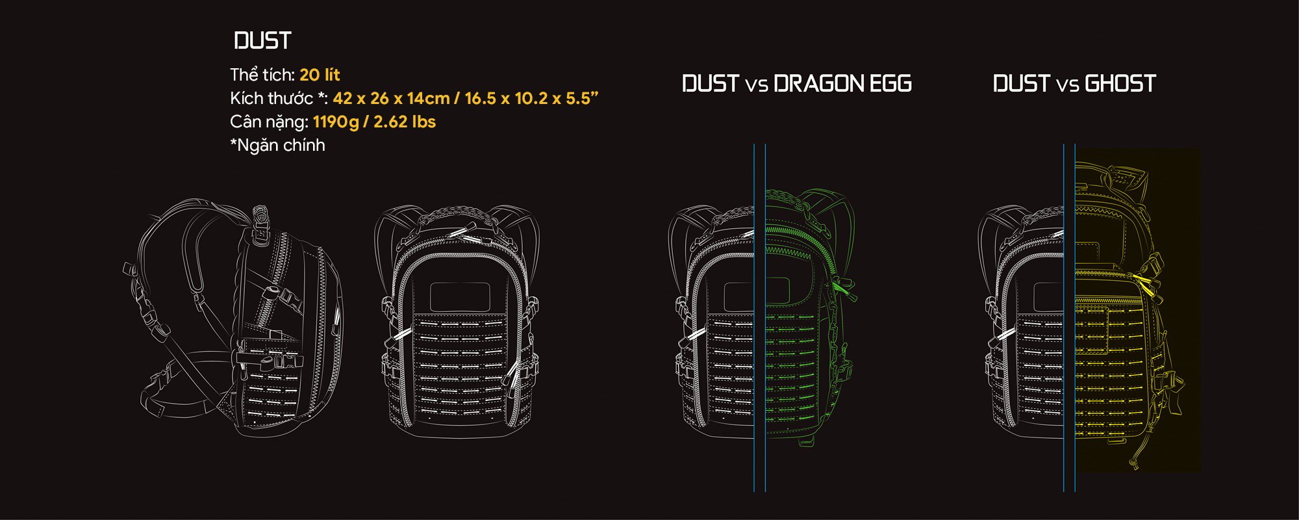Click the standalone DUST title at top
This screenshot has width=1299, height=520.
[x=262, y=41]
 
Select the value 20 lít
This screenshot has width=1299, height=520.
[x=320, y=75]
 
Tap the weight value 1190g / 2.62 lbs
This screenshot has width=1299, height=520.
[x=374, y=122]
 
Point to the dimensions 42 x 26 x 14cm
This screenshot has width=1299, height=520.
[x=391, y=98]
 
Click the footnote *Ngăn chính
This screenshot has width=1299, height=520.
[x=277, y=145]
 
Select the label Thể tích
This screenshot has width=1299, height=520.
[x=262, y=75]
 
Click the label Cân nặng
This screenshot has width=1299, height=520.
[x=268, y=122]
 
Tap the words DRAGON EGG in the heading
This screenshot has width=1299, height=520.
[x=842, y=84]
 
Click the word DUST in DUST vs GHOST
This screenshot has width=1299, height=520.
[x=1021, y=84]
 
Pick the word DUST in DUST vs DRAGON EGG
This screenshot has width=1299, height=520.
[x=711, y=84]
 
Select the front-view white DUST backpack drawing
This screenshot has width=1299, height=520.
[x=457, y=318]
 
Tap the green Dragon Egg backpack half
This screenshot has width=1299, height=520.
[x=809, y=318]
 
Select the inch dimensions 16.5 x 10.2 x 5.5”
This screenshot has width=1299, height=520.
[x=531, y=98]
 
